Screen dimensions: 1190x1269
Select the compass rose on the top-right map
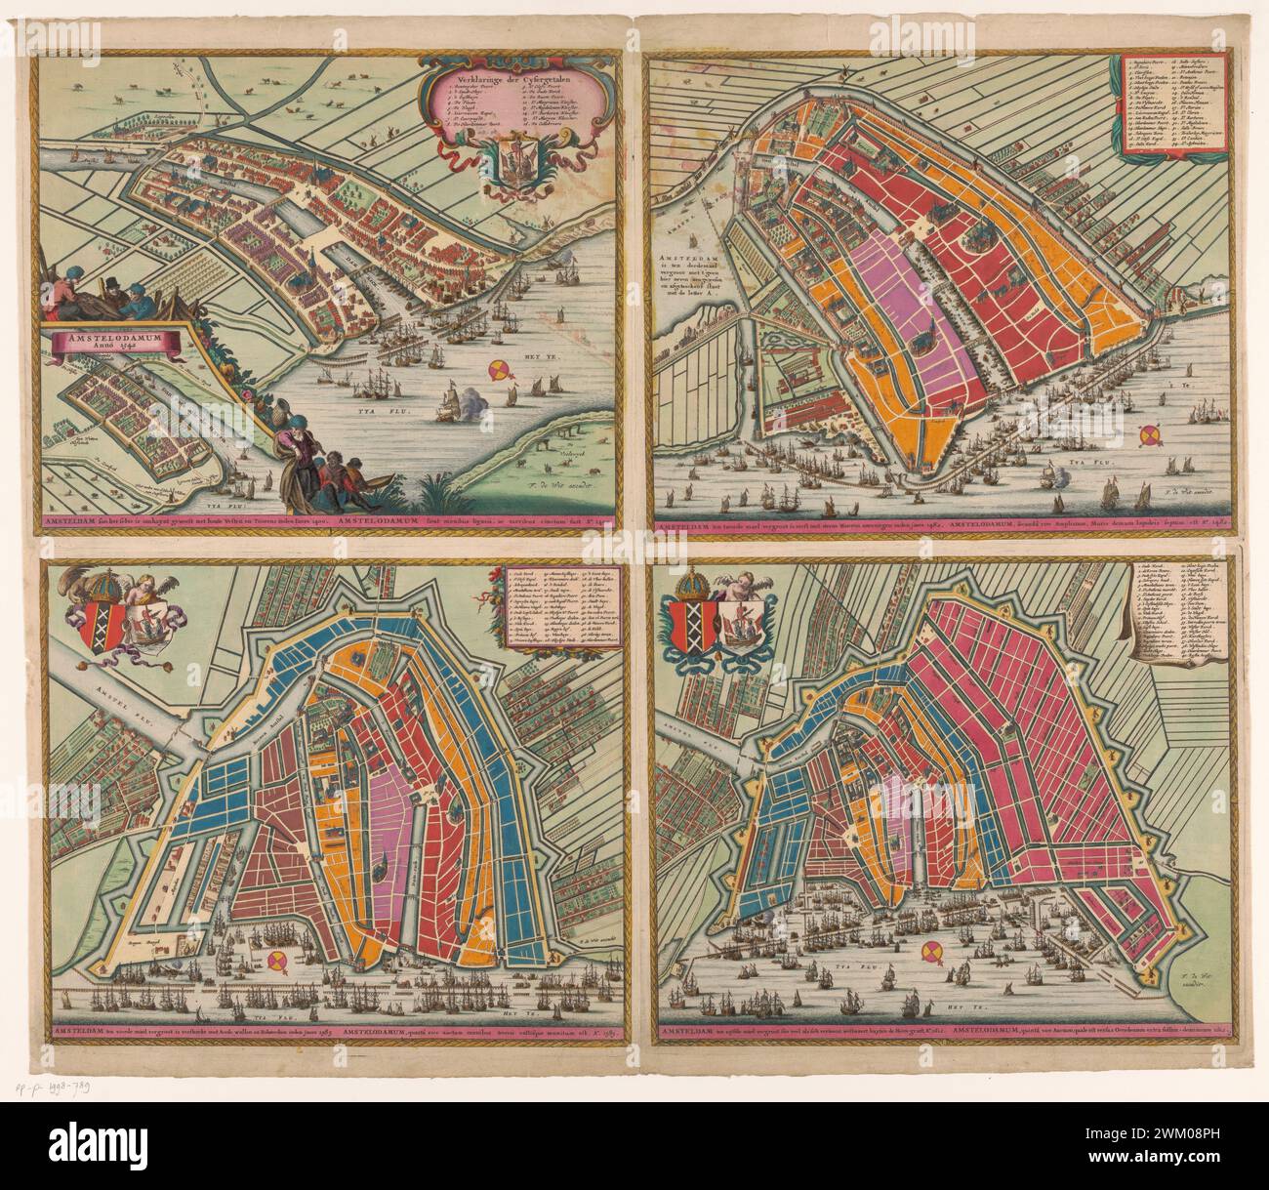[x=1151, y=434]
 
